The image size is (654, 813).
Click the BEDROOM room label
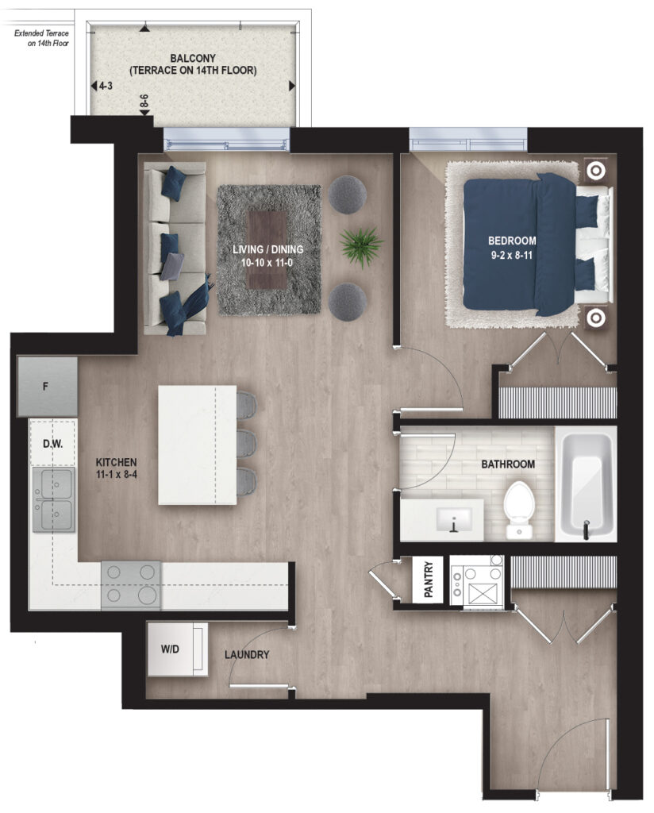tap(511, 241)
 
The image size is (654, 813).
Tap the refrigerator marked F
tap(47, 387)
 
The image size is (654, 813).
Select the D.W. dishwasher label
tap(52, 444)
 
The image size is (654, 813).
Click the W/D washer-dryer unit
tap(178, 649)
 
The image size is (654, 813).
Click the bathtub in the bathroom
tap(586, 484)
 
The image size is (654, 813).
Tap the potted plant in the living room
tap(361, 246)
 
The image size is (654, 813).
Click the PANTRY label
tap(429, 579)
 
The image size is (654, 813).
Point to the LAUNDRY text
tap(247, 655)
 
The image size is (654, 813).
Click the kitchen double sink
tap(54, 499)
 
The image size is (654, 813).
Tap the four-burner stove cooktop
tap(131, 585)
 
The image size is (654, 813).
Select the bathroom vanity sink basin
tap(455, 519)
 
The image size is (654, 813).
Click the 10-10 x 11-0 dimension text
tap(267, 263)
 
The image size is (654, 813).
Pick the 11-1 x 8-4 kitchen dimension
tap(117, 475)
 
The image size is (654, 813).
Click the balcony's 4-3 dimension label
tap(106, 86)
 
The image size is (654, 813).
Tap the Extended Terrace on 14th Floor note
tap(41, 38)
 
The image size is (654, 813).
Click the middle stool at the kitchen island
tap(247, 444)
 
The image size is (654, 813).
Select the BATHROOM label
tap(508, 464)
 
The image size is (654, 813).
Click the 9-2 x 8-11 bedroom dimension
tap(512, 255)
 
